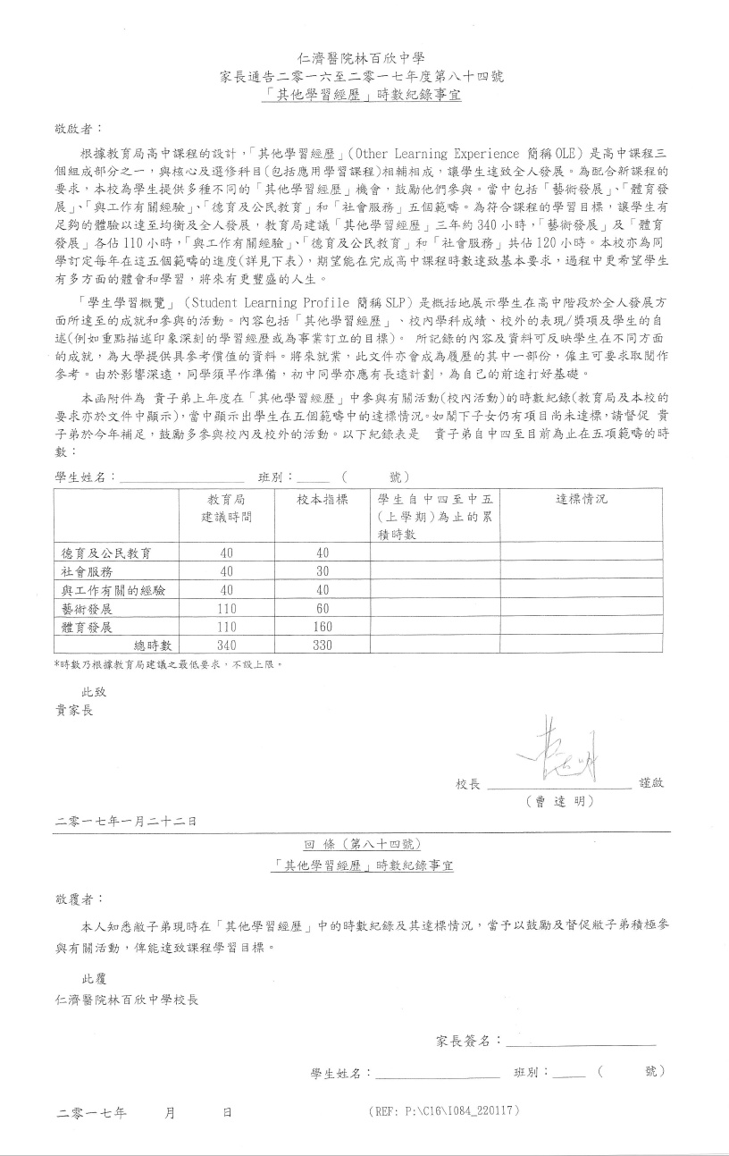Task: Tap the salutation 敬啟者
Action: coord(79,130)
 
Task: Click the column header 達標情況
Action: coord(582,500)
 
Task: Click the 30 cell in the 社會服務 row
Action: coord(323,572)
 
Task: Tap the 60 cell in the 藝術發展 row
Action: coord(323,609)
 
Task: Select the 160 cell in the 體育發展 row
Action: coord(323,627)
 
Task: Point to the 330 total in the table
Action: coord(323,646)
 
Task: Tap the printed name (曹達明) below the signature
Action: coord(561,801)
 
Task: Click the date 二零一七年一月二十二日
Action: coord(126,821)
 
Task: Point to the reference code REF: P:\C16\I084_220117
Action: coord(443,1111)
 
